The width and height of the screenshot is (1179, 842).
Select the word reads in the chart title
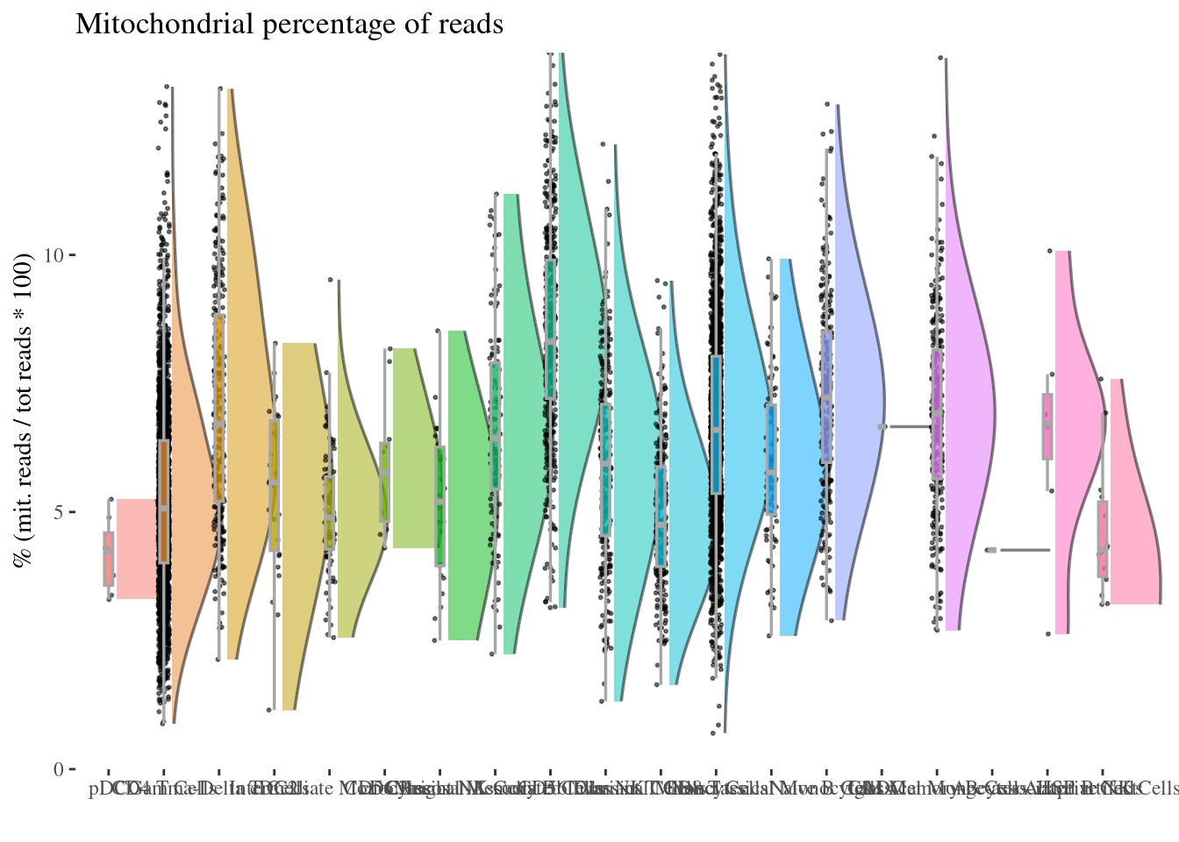tap(474, 24)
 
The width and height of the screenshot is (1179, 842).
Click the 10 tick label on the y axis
tap(55, 255)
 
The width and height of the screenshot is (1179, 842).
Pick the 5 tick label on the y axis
tap(60, 512)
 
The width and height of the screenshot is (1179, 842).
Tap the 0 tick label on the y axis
tap(60, 769)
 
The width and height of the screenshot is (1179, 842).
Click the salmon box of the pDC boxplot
tap(109, 558)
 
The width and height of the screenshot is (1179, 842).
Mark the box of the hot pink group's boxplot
tap(1047, 426)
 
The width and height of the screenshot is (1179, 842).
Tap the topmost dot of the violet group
tap(942, 58)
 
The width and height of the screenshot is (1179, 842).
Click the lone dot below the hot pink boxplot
tap(1047, 633)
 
